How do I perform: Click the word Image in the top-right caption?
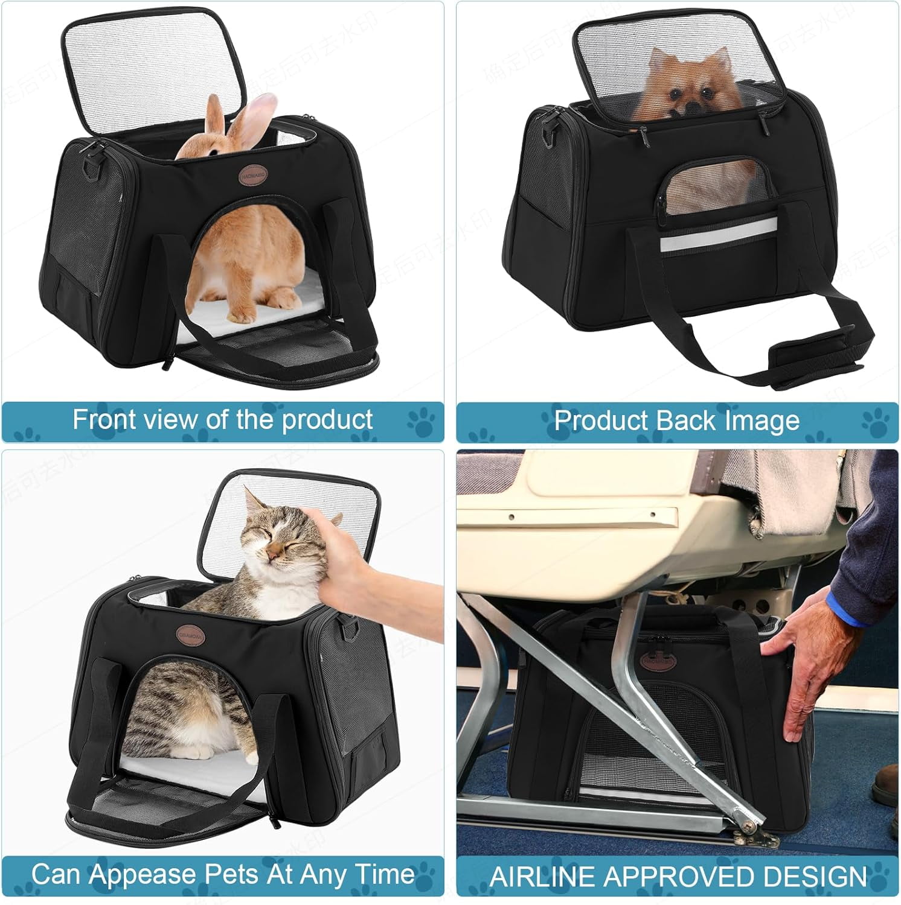click(x=763, y=421)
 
